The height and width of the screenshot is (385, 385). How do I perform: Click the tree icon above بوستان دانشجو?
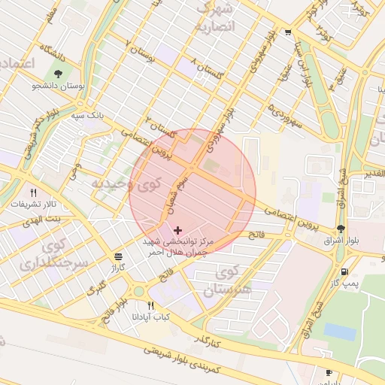59,74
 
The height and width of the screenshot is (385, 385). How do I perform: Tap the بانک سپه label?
88,116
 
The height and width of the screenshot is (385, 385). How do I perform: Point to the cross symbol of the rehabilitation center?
177,229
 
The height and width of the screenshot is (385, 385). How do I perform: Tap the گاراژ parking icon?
118,256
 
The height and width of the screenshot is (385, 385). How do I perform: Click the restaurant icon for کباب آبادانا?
151,306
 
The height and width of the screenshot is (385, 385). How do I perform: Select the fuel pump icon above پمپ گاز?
344,271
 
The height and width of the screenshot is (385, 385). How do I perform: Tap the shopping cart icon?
289,32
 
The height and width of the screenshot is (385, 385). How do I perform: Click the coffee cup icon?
329,372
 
